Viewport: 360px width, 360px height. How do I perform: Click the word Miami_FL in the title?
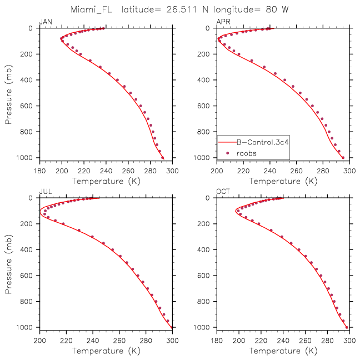(x=91, y=10)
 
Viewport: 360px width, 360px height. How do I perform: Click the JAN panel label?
(x=46, y=22)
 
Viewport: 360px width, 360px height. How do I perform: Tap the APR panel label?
(x=223, y=22)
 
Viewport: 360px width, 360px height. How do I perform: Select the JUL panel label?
(x=46, y=192)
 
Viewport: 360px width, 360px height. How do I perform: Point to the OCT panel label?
(x=223, y=192)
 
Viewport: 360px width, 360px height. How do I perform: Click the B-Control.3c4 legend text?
(x=263, y=142)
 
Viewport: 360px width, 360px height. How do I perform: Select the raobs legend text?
(x=247, y=153)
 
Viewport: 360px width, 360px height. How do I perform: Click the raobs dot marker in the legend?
(x=228, y=153)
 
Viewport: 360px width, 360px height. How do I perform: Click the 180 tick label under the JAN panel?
(x=39, y=171)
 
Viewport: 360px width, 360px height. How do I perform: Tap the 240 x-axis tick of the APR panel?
(x=270, y=171)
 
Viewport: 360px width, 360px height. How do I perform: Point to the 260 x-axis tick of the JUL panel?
(x=119, y=341)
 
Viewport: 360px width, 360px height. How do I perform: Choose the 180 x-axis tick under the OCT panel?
(x=217, y=341)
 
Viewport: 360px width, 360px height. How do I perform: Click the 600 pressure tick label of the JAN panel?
(x=26, y=106)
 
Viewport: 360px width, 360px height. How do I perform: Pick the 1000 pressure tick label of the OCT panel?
(x=202, y=327)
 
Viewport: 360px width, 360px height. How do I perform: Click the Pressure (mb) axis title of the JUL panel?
(x=8, y=264)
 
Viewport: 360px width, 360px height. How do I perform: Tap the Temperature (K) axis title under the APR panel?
(x=283, y=181)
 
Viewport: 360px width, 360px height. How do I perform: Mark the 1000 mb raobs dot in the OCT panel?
(x=347, y=327)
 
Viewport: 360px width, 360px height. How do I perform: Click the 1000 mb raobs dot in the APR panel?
(x=343, y=158)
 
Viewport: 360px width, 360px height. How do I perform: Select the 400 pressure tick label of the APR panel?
(x=203, y=80)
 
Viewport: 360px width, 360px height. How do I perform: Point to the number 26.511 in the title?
(x=182, y=10)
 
